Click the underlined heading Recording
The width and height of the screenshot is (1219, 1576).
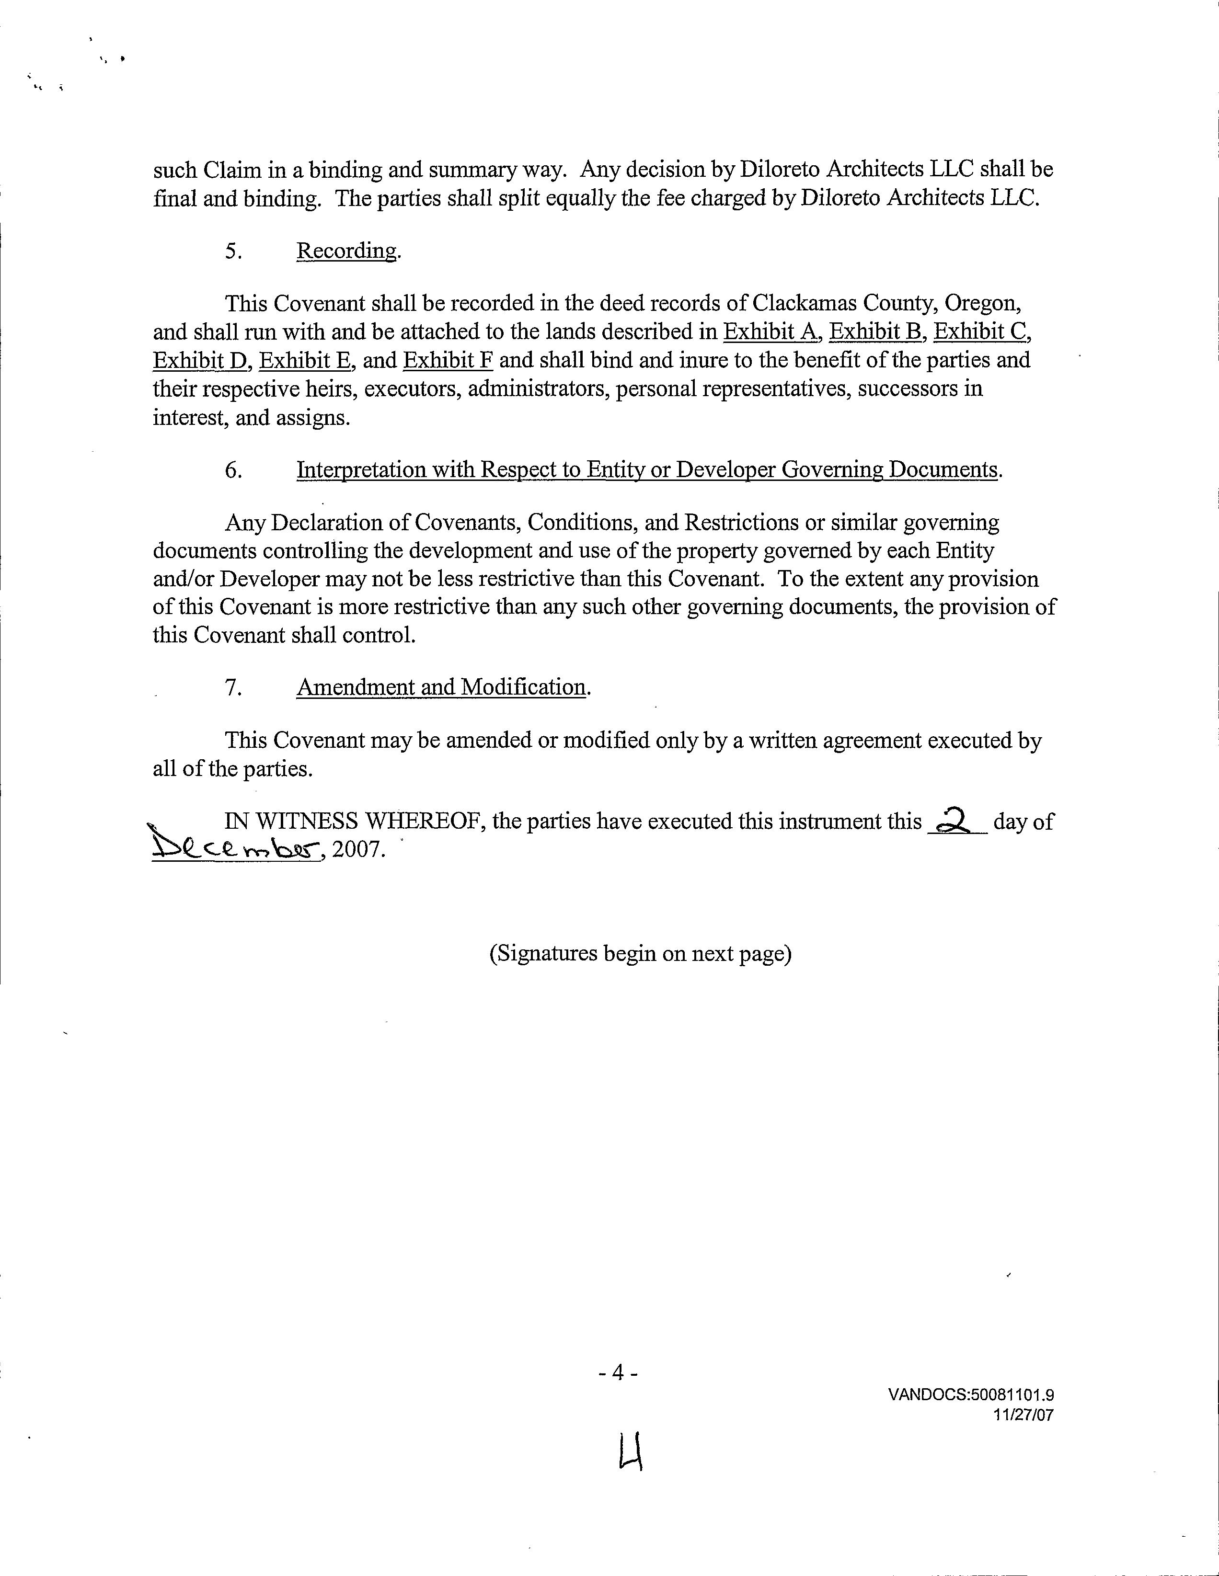click(x=346, y=251)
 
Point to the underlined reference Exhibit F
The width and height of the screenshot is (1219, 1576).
click(x=448, y=360)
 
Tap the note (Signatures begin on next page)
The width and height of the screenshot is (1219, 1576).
click(x=640, y=954)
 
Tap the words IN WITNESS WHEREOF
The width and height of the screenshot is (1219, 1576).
click(x=353, y=821)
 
